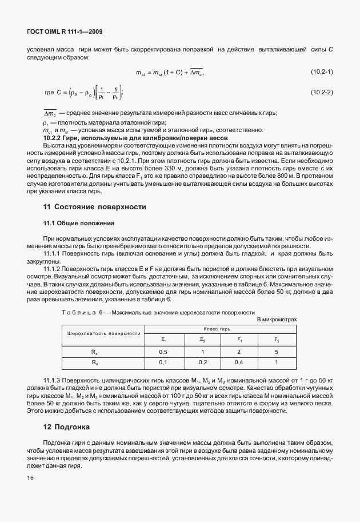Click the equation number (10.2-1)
tap(322, 71)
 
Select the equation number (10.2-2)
tap(322, 93)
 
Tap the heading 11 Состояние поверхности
tap(94, 206)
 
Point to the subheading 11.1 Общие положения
tap(79, 223)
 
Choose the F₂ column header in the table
tap(276, 340)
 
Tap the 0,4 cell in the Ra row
tap(238, 362)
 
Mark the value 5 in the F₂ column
tap(276, 352)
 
